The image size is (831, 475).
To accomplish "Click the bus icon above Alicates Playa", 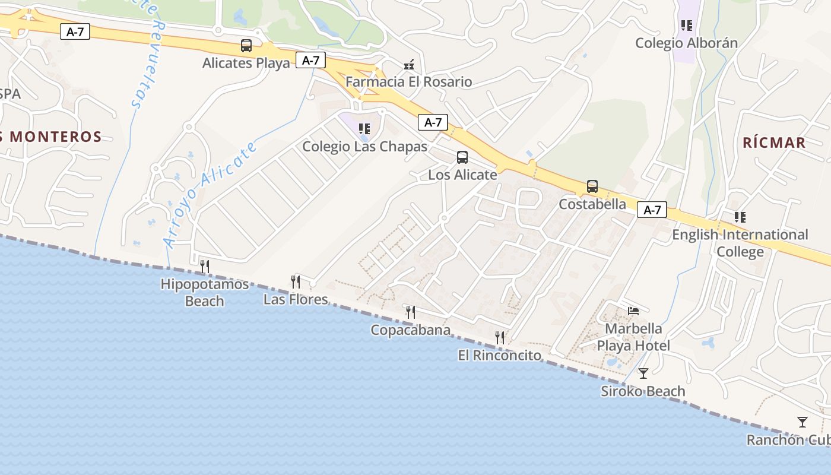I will [x=246, y=45].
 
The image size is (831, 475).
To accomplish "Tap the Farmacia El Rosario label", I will [x=408, y=82].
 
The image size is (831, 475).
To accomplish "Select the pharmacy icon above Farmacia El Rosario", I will [x=408, y=64].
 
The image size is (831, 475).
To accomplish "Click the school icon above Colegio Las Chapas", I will [x=364, y=128].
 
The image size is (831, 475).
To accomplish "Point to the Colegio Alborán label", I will [x=686, y=43].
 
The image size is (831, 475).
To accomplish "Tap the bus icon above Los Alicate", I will [x=462, y=157].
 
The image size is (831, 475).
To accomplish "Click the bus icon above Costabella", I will [x=592, y=186].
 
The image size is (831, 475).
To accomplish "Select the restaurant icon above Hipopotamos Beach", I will [x=205, y=266].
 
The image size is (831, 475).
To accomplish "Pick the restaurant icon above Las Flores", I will [x=295, y=281].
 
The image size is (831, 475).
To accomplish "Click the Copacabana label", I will [x=410, y=330].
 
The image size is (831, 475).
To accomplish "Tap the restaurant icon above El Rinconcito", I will [x=500, y=338].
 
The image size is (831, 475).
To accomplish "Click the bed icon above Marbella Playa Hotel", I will [x=633, y=311].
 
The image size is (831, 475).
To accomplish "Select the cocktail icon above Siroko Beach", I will [x=643, y=373].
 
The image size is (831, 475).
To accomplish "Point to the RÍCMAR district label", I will [x=774, y=142].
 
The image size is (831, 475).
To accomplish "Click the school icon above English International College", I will [x=740, y=217].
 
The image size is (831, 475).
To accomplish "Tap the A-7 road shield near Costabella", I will [x=652, y=210].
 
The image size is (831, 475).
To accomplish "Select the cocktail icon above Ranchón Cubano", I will [x=803, y=422].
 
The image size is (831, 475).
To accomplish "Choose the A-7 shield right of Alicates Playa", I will [x=310, y=60].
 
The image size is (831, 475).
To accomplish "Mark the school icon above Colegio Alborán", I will [x=686, y=26].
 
